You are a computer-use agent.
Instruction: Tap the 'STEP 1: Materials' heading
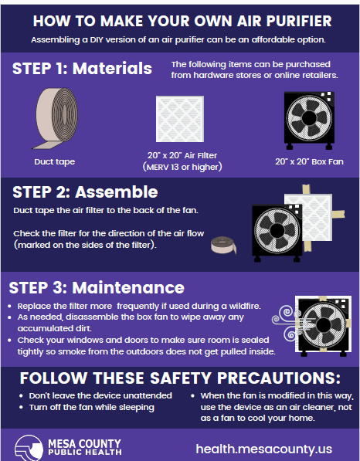[x=82, y=69]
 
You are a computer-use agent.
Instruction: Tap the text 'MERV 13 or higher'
[x=183, y=166]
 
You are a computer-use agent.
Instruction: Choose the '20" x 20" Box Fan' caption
[x=309, y=161]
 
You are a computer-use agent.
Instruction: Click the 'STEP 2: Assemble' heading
[x=85, y=192]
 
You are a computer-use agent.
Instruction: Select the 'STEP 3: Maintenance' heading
[x=97, y=288]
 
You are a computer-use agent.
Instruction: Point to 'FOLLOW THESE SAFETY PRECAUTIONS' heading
[x=179, y=378]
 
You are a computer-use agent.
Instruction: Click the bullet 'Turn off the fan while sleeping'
[x=91, y=407]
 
